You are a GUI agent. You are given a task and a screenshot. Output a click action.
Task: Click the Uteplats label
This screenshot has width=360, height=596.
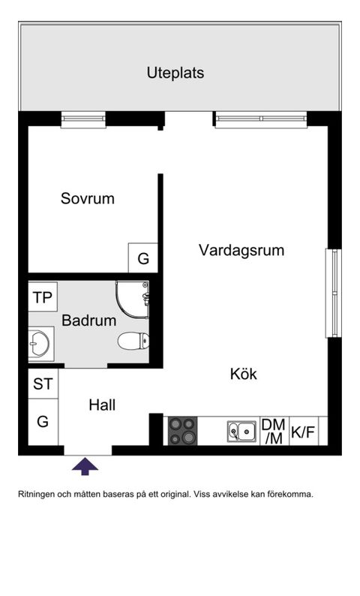click(175, 74)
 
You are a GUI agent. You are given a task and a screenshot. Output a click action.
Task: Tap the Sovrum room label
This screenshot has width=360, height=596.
click(88, 199)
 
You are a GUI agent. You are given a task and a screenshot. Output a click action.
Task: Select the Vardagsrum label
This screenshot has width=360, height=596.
click(241, 250)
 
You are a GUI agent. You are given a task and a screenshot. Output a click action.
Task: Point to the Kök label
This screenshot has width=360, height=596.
click(243, 374)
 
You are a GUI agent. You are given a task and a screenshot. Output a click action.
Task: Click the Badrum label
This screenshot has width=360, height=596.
click(88, 321)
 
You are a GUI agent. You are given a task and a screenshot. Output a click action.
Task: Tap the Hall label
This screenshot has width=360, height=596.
click(102, 405)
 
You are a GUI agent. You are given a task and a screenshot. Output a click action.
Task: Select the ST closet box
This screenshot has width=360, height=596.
click(43, 384)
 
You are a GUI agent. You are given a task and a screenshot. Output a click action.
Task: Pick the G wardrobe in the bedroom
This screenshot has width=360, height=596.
click(142, 259)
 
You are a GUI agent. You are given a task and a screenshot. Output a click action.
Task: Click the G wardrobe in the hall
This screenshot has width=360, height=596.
click(43, 422)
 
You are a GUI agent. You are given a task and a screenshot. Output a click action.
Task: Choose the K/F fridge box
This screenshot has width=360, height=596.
click(302, 432)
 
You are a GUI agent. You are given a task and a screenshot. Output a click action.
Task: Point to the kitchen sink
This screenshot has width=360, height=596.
click(241, 432)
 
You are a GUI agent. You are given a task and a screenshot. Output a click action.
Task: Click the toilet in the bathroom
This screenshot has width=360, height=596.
click(133, 342)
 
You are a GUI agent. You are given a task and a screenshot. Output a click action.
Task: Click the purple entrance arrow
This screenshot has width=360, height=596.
click(85, 467)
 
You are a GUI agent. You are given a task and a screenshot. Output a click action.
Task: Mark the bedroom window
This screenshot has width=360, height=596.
click(83, 120)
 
